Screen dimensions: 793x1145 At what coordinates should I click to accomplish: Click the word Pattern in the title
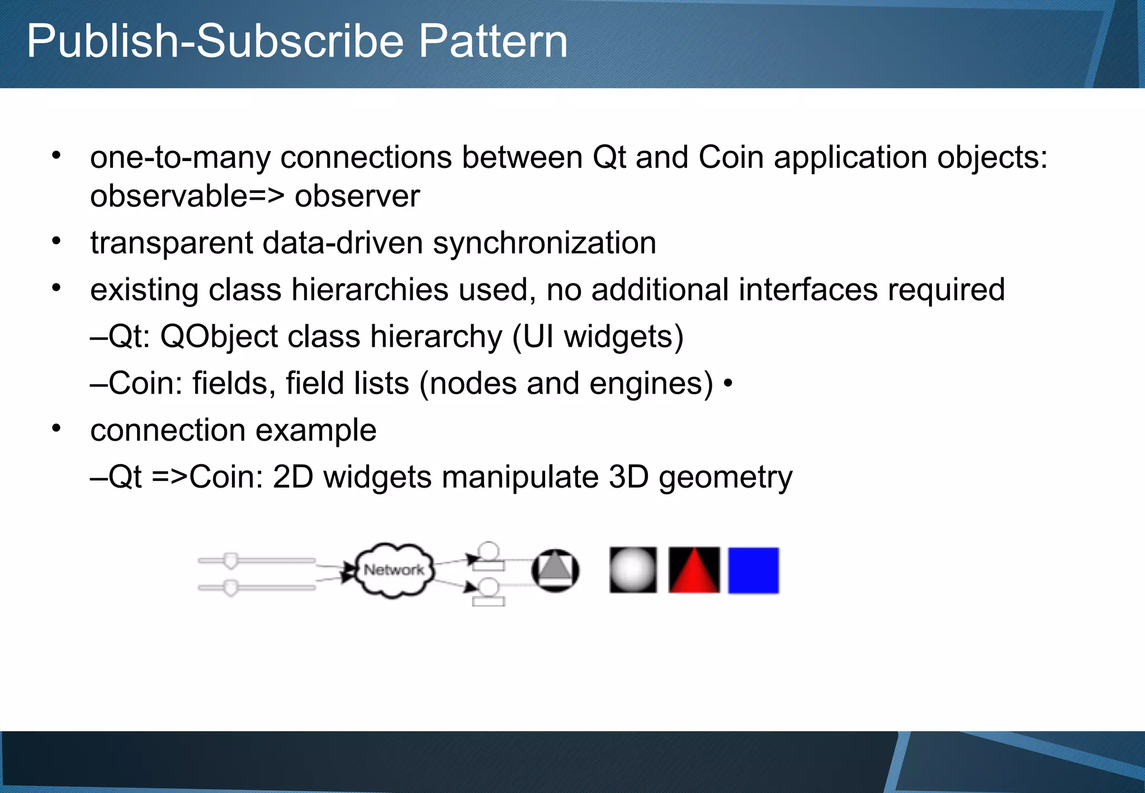coord(493,41)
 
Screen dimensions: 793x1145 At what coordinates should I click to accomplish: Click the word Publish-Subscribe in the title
coord(215,41)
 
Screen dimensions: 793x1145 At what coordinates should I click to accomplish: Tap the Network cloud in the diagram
coord(394,570)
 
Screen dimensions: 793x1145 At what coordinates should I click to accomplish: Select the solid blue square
coord(753,570)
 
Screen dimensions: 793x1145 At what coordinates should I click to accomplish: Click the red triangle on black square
coord(694,570)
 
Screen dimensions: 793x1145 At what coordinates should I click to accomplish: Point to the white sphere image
coord(633,570)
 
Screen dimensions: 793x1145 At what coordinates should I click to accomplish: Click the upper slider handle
coord(230,560)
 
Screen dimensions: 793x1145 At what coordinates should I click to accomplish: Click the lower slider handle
coord(230,588)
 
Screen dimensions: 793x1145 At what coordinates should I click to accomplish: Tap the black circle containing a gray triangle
coord(555,570)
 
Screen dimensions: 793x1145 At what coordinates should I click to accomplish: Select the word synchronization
coord(544,243)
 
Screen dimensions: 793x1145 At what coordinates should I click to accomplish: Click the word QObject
coord(219,337)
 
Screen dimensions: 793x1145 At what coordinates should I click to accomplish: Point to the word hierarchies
coord(370,290)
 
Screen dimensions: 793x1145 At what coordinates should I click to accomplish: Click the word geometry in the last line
coord(725,478)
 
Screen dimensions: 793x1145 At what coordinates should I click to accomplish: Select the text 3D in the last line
coord(628,478)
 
